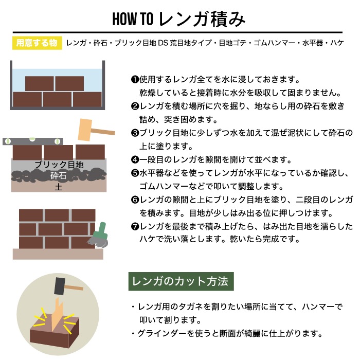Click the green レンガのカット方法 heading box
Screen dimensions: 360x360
click(181, 282)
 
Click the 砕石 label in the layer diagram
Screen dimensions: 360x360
click(58, 176)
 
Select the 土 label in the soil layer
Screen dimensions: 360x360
click(58, 187)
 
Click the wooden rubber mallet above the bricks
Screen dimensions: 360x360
click(93, 130)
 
